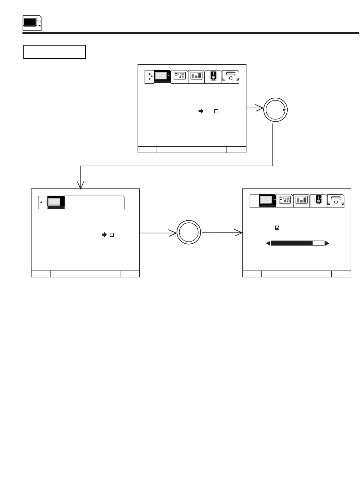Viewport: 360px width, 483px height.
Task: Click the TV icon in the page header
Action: point(32,23)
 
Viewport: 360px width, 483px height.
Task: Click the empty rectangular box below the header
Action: point(55,52)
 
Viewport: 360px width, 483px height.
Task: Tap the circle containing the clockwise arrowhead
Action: point(275,110)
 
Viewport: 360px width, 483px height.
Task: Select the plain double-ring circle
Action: point(188,233)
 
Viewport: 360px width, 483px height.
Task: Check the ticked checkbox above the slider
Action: point(277,228)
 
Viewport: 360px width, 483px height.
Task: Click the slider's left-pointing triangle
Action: point(268,243)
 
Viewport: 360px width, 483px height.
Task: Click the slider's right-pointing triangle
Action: point(327,243)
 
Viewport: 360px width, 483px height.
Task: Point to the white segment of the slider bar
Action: point(318,243)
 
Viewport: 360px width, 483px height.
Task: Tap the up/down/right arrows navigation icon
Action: point(150,77)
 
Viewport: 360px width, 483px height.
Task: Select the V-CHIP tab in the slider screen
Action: point(284,200)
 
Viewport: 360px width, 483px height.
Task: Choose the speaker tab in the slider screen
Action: point(318,200)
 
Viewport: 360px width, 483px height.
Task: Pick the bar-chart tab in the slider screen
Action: point(301,200)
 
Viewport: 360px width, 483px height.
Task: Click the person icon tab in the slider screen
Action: point(336,200)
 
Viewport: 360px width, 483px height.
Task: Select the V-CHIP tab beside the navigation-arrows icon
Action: point(179,77)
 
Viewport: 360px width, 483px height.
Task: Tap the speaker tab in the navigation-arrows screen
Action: point(213,77)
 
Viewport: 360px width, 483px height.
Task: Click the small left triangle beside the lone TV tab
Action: point(41,202)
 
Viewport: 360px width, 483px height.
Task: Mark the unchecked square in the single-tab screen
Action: point(112,235)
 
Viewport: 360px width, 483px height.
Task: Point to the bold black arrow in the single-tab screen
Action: point(104,235)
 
